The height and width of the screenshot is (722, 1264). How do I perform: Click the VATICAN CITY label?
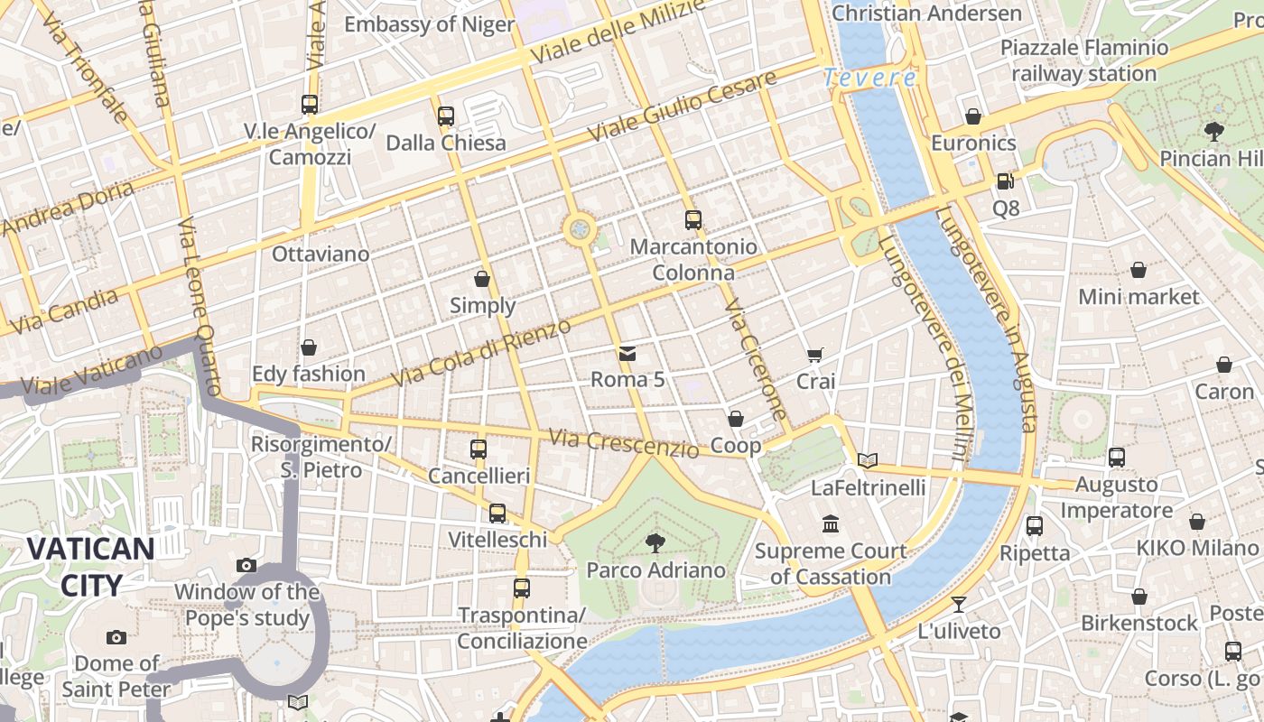(89, 566)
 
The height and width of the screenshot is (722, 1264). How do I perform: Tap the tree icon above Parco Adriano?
(655, 542)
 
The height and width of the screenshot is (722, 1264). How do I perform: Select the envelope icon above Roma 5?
(627, 353)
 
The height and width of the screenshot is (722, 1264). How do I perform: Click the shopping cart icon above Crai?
(815, 355)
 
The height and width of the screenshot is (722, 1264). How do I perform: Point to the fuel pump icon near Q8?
(1005, 180)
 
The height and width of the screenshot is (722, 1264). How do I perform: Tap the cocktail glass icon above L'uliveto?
(958, 604)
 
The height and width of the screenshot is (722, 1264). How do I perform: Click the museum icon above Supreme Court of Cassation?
(831, 523)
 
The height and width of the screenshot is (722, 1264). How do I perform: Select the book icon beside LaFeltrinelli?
(868, 460)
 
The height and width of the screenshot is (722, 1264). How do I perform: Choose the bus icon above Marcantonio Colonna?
(692, 219)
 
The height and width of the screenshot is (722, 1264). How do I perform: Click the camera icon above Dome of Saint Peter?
(116, 637)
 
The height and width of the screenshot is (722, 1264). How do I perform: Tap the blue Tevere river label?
(869, 78)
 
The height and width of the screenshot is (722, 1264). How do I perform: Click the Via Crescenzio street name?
(623, 442)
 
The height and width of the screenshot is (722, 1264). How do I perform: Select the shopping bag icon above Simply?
(482, 279)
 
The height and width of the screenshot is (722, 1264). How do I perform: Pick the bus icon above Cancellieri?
(479, 449)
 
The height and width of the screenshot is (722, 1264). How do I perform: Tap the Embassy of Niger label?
(429, 24)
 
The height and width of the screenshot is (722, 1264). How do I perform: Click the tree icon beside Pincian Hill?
(1214, 132)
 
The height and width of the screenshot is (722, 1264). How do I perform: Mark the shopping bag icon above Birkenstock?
(1139, 597)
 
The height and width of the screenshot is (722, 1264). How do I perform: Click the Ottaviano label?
(321, 254)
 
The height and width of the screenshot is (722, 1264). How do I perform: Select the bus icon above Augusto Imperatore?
(1117, 458)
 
